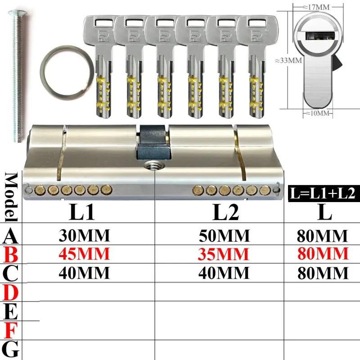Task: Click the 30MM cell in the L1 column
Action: [x=85, y=235]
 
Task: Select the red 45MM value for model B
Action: [x=84, y=254]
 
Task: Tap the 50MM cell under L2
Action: [x=224, y=236]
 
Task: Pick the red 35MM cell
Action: [x=223, y=254]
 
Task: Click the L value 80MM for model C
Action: [x=323, y=273]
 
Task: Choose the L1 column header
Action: [x=82, y=212]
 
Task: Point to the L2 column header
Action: [x=226, y=212]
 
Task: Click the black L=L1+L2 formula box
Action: [x=324, y=193]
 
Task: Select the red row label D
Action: [x=10, y=292]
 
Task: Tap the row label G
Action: [x=10, y=349]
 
